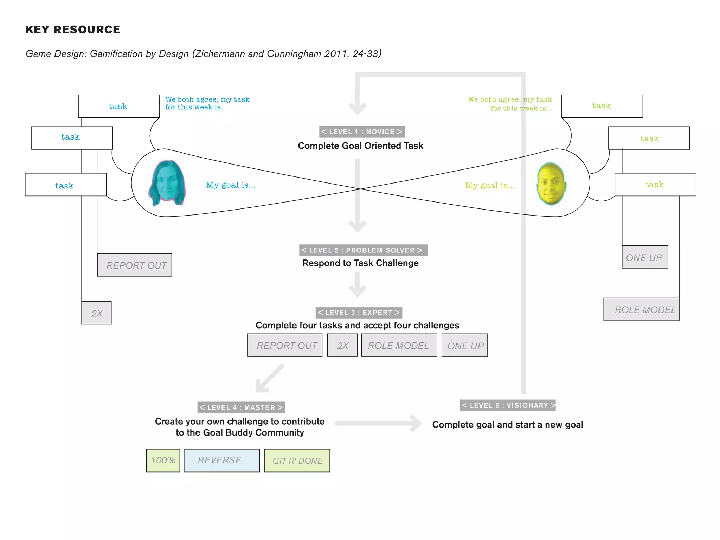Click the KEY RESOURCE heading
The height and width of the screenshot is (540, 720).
coord(72,30)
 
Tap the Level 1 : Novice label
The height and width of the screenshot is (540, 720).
coord(362,132)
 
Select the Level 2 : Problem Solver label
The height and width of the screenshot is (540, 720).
coord(363,250)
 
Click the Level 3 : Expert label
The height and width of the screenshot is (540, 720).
coord(359,313)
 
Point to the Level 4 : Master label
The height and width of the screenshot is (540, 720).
coord(241,407)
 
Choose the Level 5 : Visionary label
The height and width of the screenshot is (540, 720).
coord(508,405)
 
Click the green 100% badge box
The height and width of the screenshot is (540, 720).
coord(163,461)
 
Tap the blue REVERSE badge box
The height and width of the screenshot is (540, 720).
coord(221,461)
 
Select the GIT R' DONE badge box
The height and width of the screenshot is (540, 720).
coord(297,461)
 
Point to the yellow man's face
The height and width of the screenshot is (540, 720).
coord(551,184)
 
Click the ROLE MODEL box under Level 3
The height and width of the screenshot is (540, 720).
coord(399,346)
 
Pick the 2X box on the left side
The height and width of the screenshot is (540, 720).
coord(96,313)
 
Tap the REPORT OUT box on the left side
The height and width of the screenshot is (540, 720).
coord(135,265)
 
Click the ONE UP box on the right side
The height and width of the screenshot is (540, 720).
coord(644,257)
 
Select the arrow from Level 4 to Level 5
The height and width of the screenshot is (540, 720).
coord(378,423)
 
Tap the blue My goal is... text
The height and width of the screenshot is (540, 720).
coord(230,185)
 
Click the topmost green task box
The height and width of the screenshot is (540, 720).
coord(602,106)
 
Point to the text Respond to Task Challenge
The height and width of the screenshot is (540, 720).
coord(360,263)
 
